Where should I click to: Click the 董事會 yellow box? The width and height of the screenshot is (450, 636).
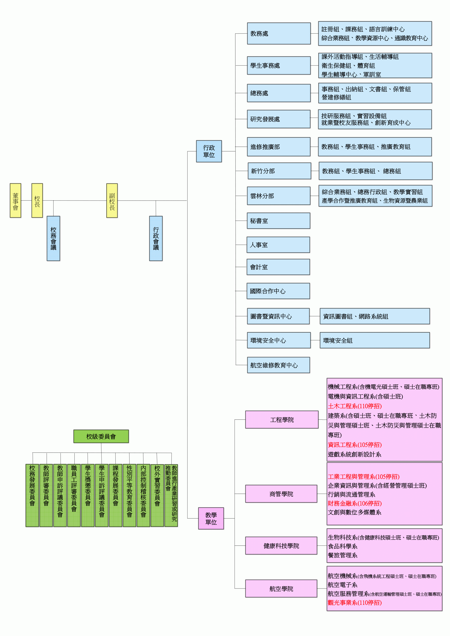coord(16,200)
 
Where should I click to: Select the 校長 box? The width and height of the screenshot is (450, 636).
coord(37,200)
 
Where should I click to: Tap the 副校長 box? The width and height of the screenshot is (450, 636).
coord(112,200)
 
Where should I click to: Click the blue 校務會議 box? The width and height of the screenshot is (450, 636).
coord(53,238)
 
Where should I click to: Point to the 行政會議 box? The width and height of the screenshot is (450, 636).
coord(156,238)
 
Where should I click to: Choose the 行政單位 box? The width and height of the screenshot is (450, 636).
coord(209,151)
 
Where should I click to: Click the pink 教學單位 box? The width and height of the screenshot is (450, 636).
coord(211,518)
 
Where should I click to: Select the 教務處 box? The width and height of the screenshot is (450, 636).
coord(279,34)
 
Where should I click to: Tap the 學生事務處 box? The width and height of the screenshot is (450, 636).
coord(279,65)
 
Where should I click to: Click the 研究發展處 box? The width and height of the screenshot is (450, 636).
coord(279,119)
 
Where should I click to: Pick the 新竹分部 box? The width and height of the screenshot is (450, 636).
coord(279,171)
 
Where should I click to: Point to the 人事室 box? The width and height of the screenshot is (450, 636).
coord(278,245)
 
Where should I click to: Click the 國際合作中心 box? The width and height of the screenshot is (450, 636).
coord(278,291)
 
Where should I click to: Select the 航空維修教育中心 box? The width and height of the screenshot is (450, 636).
coord(278,365)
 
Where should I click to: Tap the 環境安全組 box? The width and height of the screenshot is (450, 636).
coord(375,340)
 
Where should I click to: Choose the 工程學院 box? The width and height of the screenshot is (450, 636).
coord(282,420)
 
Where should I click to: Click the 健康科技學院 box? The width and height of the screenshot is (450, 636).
coord(281,546)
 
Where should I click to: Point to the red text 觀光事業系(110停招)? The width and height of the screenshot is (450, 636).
coord(355,602)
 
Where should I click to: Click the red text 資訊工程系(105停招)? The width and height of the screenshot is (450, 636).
coord(355,445)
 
